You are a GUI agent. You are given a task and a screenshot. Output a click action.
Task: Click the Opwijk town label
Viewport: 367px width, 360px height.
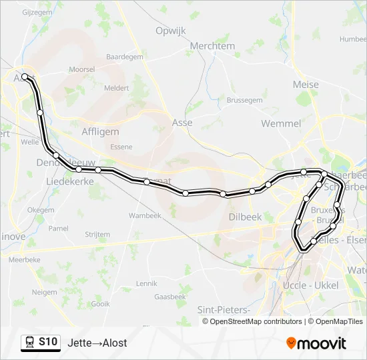pyautogui.click(x=170, y=31)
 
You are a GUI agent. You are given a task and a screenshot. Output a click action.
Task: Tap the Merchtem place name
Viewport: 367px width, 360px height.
pyautogui.click(x=212, y=46)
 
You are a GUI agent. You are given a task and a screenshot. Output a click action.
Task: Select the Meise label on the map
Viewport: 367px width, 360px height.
pyautogui.click(x=306, y=85)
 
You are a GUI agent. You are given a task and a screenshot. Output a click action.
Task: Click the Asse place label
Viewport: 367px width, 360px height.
pyautogui.click(x=182, y=123)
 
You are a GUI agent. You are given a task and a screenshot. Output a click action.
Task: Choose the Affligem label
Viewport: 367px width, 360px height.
pyautogui.click(x=100, y=132)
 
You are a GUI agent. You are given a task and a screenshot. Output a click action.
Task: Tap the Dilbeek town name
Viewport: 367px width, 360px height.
pyautogui.click(x=244, y=217)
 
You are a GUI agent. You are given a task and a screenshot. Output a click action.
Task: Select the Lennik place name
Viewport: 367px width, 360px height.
pyautogui.click(x=146, y=283)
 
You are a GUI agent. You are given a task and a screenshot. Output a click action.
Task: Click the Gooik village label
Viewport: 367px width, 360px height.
pyautogui.click(x=100, y=303)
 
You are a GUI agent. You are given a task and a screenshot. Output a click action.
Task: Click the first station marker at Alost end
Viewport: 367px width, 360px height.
pyautogui.click(x=25, y=77)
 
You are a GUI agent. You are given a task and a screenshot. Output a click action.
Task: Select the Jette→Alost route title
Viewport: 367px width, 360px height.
pyautogui.click(x=97, y=343)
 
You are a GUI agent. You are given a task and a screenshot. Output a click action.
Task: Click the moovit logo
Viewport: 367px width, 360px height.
pyautogui.click(x=316, y=343)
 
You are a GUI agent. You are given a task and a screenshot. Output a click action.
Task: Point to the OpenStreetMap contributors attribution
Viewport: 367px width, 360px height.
pyautogui.click(x=256, y=321)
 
